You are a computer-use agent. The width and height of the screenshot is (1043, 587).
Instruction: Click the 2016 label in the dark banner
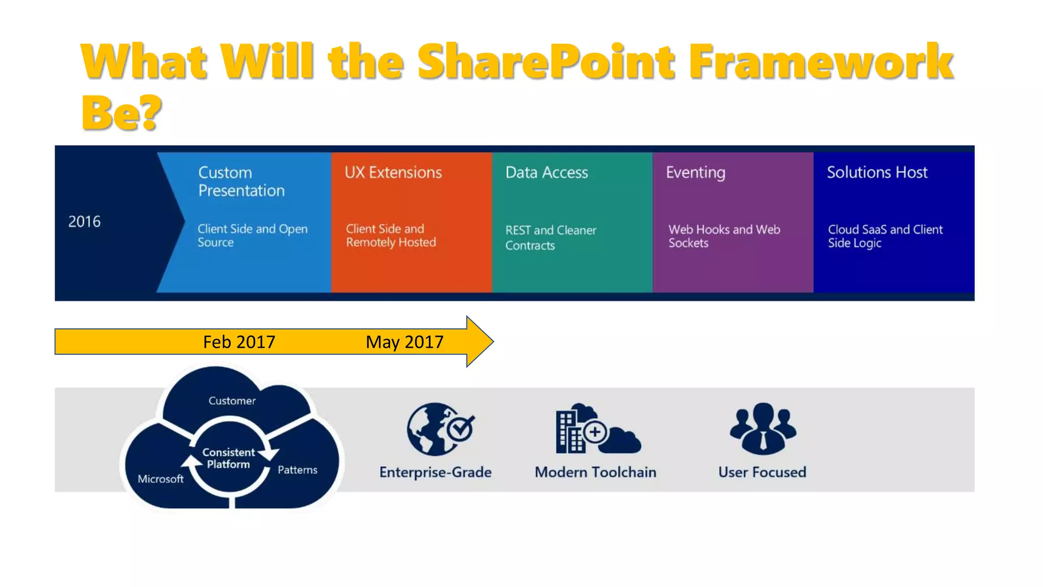[85, 222]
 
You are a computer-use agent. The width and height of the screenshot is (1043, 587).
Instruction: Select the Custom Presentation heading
[241, 181]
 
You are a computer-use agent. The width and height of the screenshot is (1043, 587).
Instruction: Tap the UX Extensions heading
[393, 172]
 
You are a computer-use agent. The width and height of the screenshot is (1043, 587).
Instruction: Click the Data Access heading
[546, 172]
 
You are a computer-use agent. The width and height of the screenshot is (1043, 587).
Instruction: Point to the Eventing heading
[695, 173]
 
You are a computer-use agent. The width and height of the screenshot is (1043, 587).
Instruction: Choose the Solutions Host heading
[877, 172]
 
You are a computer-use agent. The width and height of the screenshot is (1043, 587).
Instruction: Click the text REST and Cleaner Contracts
[550, 237]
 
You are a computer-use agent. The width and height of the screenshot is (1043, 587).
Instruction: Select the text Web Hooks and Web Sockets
[724, 236]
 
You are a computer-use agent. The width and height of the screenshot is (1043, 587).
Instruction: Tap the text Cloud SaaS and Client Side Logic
[885, 236]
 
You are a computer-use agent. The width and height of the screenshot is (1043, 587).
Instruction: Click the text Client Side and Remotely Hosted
[391, 235]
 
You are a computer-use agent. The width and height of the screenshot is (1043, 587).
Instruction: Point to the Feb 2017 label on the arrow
[239, 341]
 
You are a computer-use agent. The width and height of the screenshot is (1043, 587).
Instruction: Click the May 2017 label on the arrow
[404, 341]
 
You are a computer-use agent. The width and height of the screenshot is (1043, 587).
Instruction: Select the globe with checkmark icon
[440, 429]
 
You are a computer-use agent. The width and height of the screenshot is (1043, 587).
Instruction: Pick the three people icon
[762, 428]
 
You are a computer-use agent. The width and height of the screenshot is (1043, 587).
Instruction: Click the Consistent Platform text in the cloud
[228, 458]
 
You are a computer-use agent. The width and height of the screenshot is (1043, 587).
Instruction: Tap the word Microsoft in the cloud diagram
[160, 479]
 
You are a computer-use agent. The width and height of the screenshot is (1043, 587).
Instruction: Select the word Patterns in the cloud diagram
[297, 470]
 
